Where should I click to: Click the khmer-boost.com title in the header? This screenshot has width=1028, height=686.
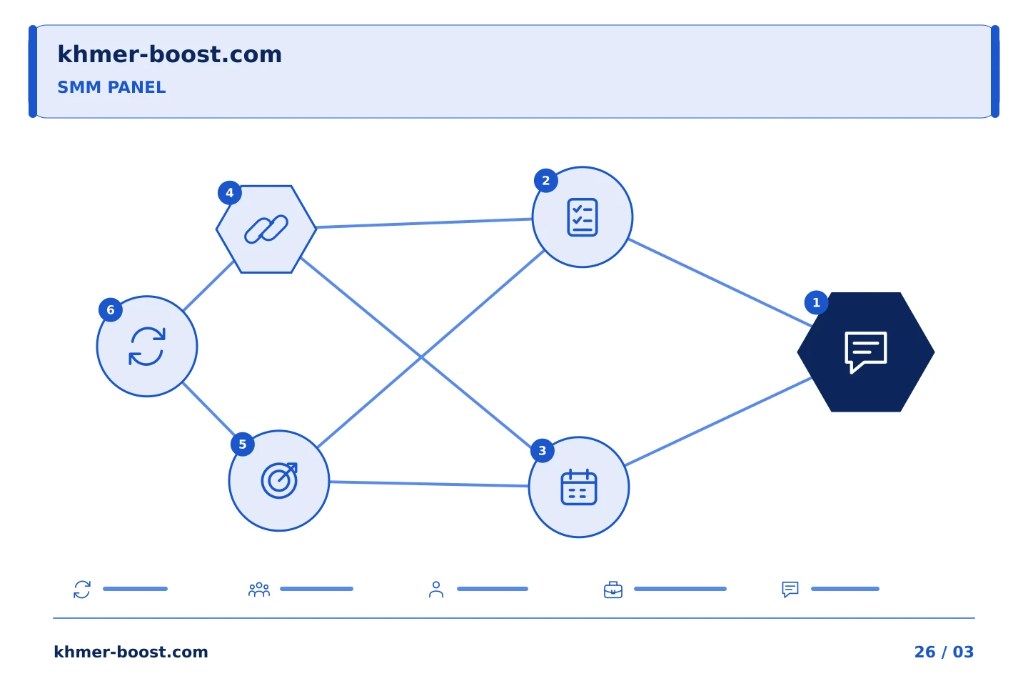click(169, 54)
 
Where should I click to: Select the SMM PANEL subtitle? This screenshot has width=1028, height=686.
click(111, 87)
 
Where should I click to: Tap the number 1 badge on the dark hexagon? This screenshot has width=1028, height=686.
click(816, 302)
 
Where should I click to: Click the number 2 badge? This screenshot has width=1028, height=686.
click(545, 181)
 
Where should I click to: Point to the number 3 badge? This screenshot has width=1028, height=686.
click(542, 451)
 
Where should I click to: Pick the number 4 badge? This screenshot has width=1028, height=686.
click(229, 193)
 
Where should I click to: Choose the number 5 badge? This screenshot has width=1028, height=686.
click(242, 444)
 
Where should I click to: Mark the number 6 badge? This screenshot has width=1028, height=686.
click(110, 309)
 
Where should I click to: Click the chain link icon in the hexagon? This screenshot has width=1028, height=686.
click(266, 229)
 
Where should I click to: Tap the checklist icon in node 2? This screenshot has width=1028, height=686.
click(582, 217)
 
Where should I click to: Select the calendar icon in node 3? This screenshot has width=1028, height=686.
click(579, 487)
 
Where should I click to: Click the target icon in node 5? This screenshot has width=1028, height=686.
click(279, 481)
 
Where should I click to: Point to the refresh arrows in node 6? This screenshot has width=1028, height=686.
click(147, 347)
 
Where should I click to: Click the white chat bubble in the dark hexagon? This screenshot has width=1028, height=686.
click(865, 352)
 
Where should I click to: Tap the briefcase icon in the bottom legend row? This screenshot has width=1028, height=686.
click(613, 590)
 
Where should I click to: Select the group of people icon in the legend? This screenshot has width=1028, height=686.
click(259, 590)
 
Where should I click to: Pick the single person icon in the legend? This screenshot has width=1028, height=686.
click(436, 590)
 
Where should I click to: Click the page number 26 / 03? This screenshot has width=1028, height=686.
click(944, 652)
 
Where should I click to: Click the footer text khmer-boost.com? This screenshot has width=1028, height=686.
click(131, 652)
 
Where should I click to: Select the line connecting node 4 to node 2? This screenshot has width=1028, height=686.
click(424, 223)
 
